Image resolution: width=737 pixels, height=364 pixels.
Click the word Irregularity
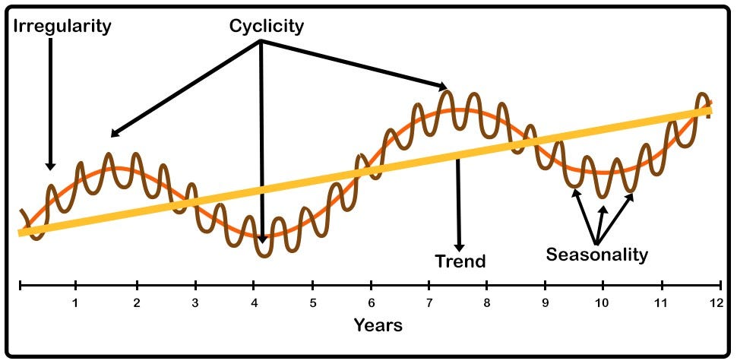[x=62, y=27]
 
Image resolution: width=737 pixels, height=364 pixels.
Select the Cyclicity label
[x=267, y=27]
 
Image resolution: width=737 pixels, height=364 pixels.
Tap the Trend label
[x=460, y=262]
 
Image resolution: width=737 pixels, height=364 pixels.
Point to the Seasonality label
[x=597, y=255]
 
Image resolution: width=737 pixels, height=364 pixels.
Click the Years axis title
[x=378, y=326]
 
